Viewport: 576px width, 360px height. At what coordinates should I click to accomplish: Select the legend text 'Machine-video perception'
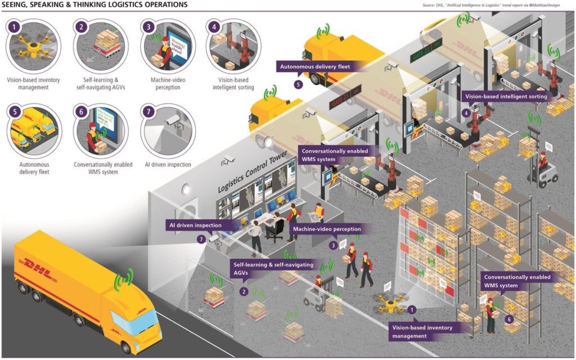coord(168,84)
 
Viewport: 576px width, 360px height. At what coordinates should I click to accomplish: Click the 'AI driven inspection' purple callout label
coord(196,225)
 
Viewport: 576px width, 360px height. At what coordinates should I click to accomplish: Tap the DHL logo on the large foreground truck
coord(37,265)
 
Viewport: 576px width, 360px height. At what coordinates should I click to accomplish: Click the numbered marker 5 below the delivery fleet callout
coord(299,85)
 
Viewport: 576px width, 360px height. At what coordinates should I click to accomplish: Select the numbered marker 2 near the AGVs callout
coord(244,291)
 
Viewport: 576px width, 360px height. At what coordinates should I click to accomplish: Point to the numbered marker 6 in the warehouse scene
coord(510,319)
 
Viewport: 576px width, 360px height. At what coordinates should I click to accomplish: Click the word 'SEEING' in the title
coord(15,5)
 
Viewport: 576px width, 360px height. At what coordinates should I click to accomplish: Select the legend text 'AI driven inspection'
coord(168,165)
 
